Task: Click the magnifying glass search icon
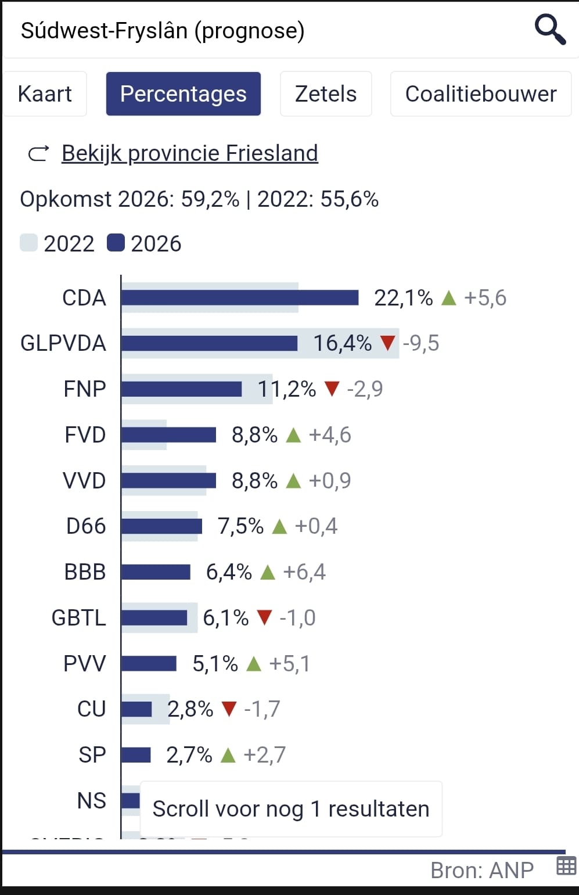pos(549,30)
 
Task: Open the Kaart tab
pos(45,94)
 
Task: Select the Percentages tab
pos(183,94)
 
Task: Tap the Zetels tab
pos(326,94)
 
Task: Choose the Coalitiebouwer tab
pos(480,94)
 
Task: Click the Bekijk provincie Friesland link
pos(189,153)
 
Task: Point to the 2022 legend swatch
pos(28,243)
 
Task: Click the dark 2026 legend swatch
pos(116,243)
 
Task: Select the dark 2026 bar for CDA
pos(239,298)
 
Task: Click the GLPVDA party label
pos(63,343)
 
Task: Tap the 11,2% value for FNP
pos(287,389)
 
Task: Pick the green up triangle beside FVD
pos(293,435)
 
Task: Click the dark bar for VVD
pos(168,481)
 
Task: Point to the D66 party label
pos(86,526)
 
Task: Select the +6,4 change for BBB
pos(304,572)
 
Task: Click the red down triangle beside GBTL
pos(264,617)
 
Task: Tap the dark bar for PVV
pos(149,663)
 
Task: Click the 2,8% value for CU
pos(190,709)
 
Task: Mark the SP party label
pos(92,755)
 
